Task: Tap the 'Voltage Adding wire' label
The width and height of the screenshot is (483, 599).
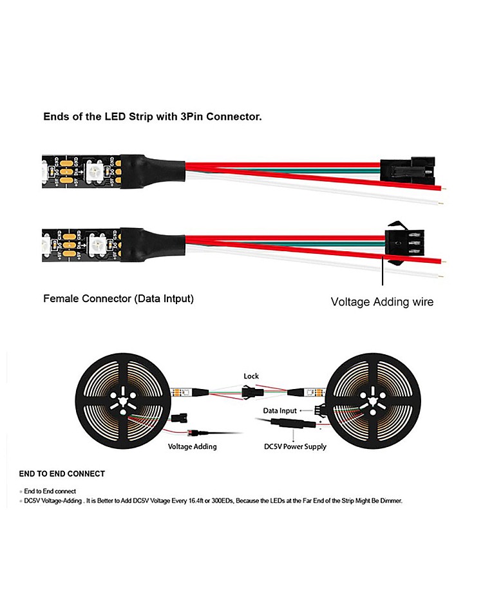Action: [x=382, y=301]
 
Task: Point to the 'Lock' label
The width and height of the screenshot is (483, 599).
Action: [x=251, y=376]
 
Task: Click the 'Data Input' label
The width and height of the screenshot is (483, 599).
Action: [x=280, y=410]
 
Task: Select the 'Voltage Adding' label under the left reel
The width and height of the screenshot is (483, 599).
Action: [x=192, y=446]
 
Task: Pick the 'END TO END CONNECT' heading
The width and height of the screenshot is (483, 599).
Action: [x=62, y=474]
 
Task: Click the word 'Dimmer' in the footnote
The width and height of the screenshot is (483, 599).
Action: [x=390, y=500]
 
